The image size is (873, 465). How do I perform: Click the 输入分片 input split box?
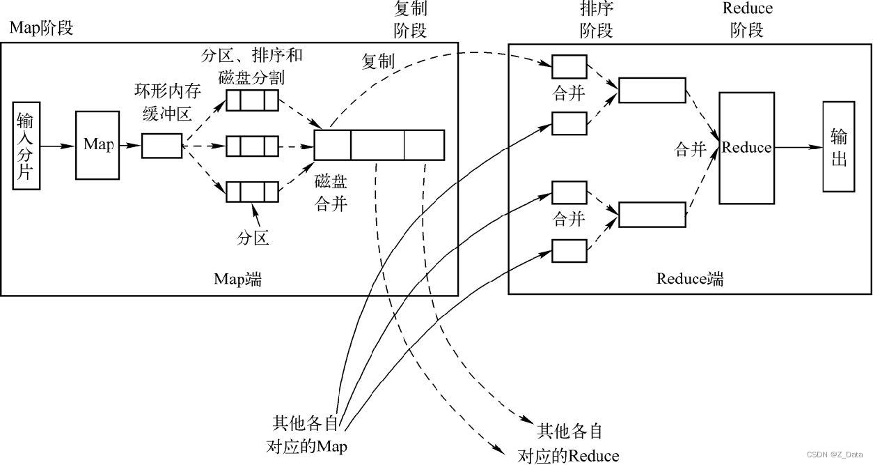[x=26, y=146]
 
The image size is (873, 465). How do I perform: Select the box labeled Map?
[x=97, y=145]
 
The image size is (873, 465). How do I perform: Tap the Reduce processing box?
[x=746, y=148]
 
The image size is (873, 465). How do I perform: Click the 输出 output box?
[x=839, y=146]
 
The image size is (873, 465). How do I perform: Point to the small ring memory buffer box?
[x=162, y=146]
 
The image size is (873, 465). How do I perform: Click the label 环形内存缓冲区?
[x=168, y=102]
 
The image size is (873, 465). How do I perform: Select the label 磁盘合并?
[x=331, y=193]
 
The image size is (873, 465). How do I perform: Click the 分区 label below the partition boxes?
[x=253, y=238]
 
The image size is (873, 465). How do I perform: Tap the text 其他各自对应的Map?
[x=307, y=434]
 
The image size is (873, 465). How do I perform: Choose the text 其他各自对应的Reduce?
[x=568, y=443]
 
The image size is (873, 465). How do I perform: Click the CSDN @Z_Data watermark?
[x=835, y=455]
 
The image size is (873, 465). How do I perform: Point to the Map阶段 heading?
[x=41, y=28]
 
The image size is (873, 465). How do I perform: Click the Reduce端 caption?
[x=690, y=279]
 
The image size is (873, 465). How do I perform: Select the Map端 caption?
[x=237, y=279]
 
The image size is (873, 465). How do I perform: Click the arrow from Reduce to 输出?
[x=799, y=147]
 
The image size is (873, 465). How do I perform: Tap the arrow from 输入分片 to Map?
[x=58, y=146]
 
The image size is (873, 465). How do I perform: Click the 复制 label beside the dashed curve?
[x=378, y=61]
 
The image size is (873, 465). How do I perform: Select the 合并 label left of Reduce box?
[x=690, y=149]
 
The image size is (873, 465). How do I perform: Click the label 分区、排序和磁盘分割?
[x=252, y=66]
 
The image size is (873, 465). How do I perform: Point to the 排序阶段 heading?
[x=597, y=20]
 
